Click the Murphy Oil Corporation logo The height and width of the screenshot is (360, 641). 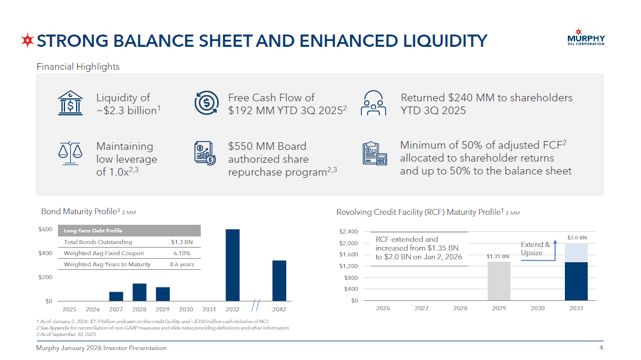point(586,38)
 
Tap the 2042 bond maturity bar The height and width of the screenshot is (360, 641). point(279,280)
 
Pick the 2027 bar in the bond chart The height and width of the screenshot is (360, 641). point(116,296)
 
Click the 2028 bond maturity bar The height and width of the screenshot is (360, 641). point(139,292)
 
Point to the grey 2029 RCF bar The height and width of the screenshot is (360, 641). point(499,281)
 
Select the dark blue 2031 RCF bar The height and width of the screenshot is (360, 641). point(576,282)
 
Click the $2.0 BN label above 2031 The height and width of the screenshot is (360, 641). point(577,238)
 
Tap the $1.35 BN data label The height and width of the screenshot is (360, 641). point(498,256)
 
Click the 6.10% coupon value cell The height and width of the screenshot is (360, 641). point(182,253)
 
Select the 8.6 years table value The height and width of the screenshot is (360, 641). point(182,265)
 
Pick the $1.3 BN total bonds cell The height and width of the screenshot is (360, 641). point(182,242)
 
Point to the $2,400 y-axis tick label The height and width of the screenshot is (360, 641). point(348,232)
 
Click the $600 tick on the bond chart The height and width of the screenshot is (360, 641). point(46,229)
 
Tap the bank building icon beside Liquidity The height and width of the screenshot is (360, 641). point(70,104)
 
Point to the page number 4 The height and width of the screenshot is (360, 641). point(601,348)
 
